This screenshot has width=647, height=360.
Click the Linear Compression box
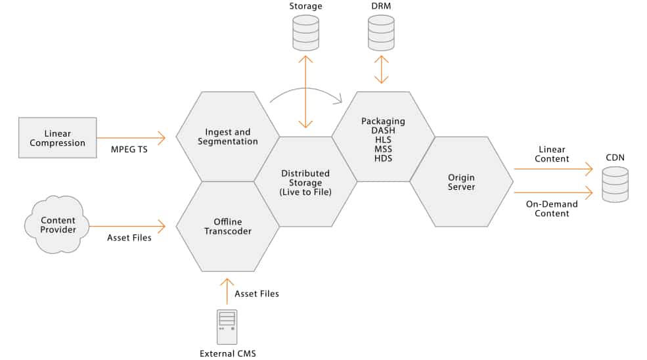pos(57,138)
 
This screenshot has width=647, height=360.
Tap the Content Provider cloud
pos(58,225)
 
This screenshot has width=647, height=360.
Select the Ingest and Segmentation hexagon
pos(227,137)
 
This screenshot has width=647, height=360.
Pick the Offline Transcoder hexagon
pos(227,226)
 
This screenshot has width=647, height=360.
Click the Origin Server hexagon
pos(461,182)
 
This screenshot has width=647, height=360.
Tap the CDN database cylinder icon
pos(615,185)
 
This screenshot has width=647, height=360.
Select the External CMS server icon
pos(227,326)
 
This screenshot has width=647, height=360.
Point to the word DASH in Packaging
pos(383,131)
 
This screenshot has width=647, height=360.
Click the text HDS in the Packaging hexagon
pos(383,158)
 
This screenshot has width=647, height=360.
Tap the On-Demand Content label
pos(552,208)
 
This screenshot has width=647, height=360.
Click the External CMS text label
pos(227,353)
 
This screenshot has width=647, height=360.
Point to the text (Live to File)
pos(305,192)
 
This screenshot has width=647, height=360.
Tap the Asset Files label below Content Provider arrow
pos(129,237)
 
